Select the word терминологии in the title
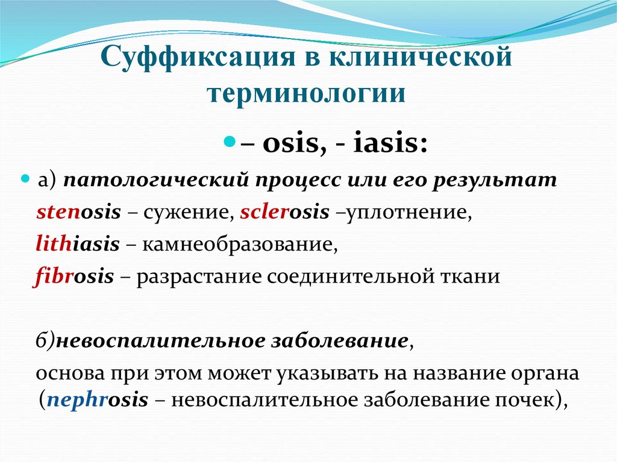307,95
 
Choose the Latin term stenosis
79,212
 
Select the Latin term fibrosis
75,276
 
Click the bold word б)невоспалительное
136,342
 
